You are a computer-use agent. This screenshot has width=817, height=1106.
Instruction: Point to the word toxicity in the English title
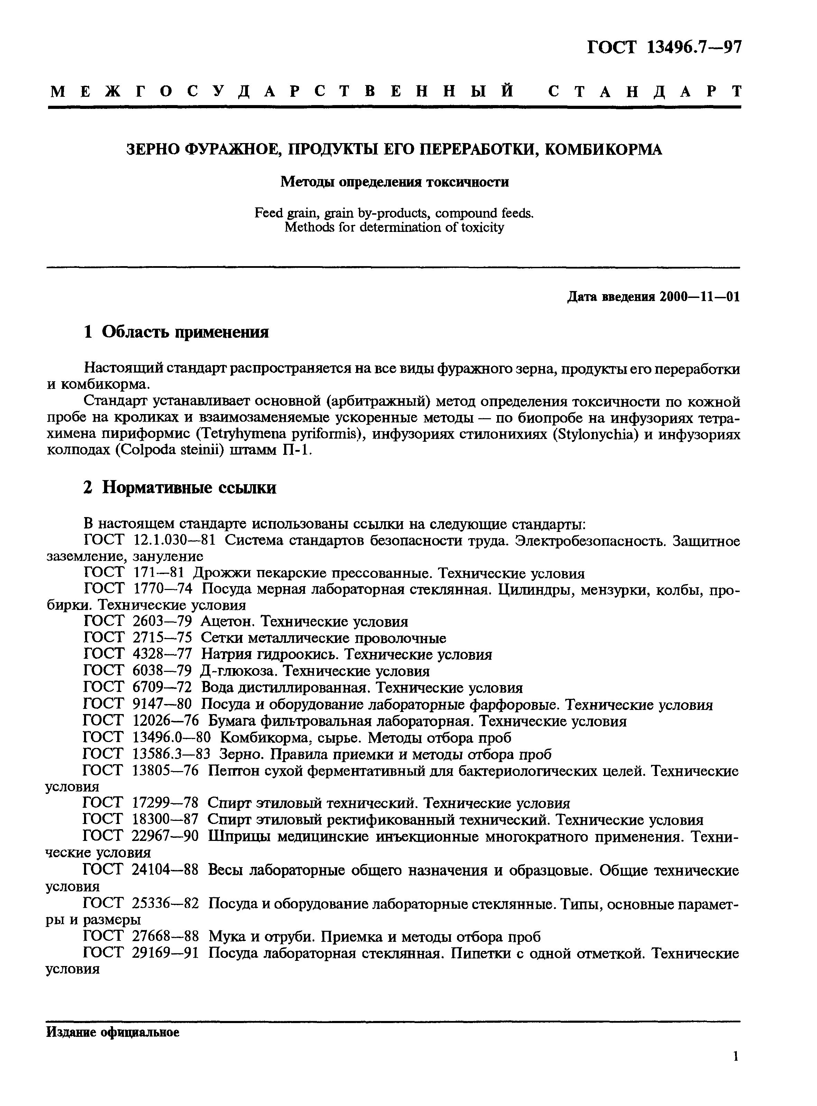480,228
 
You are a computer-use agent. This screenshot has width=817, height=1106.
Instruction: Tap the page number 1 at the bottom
736,1070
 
